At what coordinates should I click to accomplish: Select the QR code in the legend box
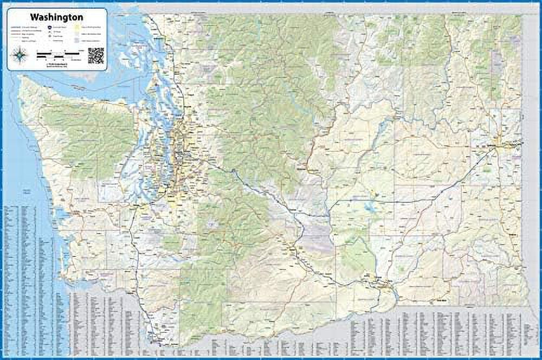95,55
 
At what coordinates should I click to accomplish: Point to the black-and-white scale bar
57,54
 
